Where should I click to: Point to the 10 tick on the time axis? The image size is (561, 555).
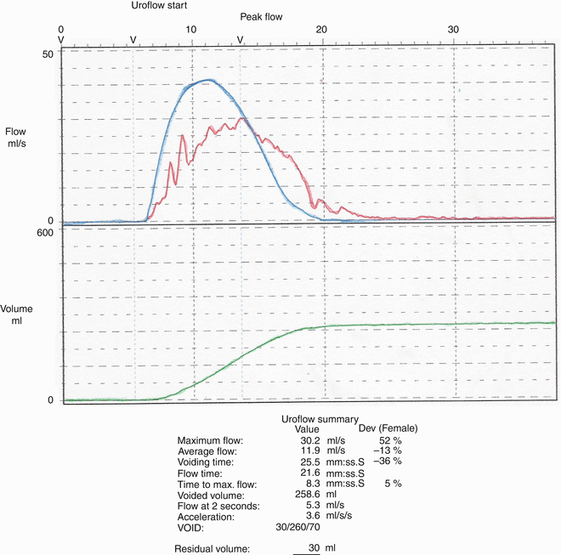coord(193,30)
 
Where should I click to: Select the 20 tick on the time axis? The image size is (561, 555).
coord(322,30)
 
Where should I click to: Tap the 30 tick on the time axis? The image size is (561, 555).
coord(454,30)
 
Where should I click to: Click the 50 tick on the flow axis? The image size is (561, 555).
coord(48,54)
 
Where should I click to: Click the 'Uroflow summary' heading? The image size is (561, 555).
coord(320,420)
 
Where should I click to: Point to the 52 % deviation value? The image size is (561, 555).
coord(389,439)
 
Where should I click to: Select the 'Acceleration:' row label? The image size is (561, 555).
coord(209,516)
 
